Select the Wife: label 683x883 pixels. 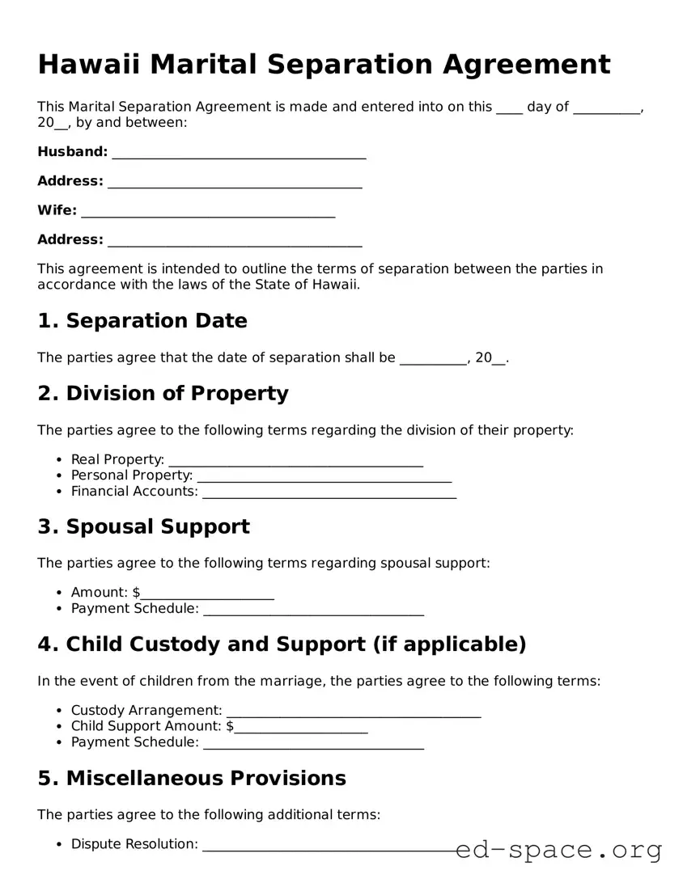click(x=57, y=210)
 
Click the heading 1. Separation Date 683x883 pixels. click(x=142, y=321)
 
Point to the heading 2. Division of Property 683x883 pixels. click(x=163, y=394)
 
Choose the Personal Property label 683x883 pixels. click(x=131, y=475)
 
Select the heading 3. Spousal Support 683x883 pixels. click(x=143, y=527)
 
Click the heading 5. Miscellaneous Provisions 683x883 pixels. click(x=192, y=778)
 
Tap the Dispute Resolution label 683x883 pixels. click(x=134, y=844)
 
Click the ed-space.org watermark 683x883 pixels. click(x=558, y=850)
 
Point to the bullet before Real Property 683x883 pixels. click(x=60, y=460)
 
